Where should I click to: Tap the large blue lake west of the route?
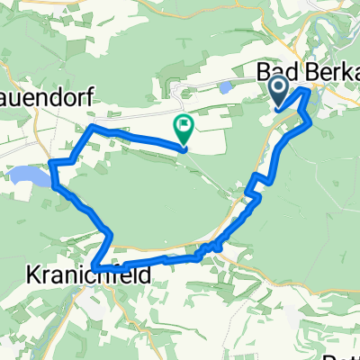coord(29,177)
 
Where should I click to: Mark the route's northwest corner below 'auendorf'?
coord(91,128)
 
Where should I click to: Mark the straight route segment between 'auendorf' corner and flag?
coord(135,137)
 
